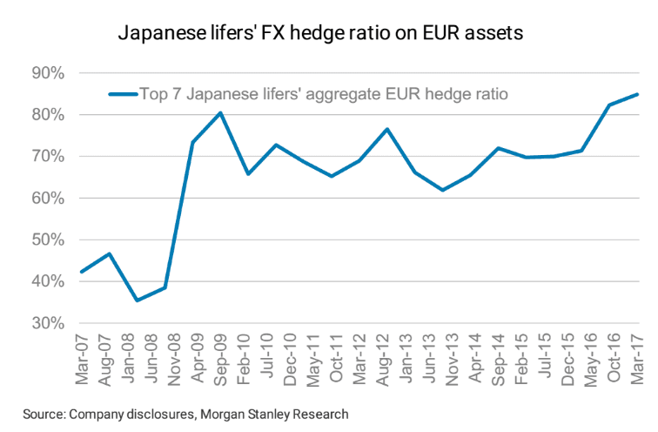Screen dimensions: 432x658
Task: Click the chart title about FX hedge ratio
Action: click(x=320, y=34)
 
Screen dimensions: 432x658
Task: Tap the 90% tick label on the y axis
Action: click(x=48, y=73)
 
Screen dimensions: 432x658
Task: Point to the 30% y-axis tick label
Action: click(x=48, y=323)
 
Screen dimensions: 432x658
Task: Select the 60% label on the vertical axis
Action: click(x=48, y=199)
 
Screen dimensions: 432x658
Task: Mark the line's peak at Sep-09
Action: click(x=220, y=112)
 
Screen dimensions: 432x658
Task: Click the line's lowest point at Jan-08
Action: click(x=137, y=300)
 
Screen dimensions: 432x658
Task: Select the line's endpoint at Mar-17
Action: click(x=637, y=94)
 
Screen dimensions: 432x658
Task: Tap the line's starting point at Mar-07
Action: click(x=82, y=272)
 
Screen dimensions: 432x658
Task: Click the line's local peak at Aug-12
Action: click(x=386, y=129)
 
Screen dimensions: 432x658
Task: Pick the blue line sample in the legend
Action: click(x=122, y=92)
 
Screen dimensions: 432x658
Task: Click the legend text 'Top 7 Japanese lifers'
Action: click(x=226, y=92)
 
